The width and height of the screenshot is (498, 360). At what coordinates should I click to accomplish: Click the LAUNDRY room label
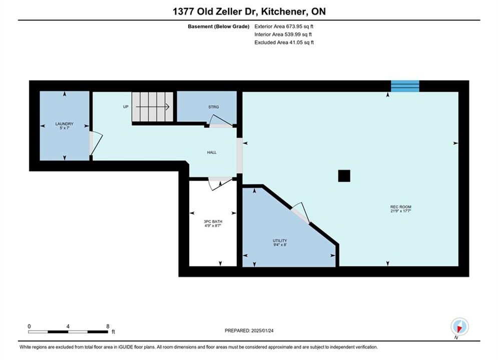(x=64, y=123)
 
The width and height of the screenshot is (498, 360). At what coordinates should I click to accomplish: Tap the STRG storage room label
(x=213, y=107)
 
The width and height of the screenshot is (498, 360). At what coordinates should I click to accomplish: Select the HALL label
(x=212, y=152)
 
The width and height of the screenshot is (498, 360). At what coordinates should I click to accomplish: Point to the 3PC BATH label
(x=213, y=221)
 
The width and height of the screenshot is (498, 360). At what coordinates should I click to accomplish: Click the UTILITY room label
(x=280, y=240)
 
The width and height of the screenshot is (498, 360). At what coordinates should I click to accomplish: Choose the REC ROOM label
(x=401, y=207)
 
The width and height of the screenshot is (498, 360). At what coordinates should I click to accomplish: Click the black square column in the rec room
(x=344, y=175)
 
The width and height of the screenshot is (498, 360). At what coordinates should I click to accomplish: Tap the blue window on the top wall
(x=405, y=86)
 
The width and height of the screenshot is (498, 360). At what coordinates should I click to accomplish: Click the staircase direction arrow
(x=153, y=107)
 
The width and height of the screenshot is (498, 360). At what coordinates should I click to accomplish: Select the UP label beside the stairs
(x=126, y=107)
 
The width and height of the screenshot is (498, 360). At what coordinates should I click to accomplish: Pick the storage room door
(x=221, y=120)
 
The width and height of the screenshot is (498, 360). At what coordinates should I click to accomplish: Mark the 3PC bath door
(x=220, y=183)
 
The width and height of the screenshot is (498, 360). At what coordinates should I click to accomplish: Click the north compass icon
(x=459, y=326)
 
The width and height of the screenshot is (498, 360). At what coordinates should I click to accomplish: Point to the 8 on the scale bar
(x=108, y=326)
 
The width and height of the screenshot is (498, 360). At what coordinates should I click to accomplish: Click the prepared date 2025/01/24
(x=262, y=330)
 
